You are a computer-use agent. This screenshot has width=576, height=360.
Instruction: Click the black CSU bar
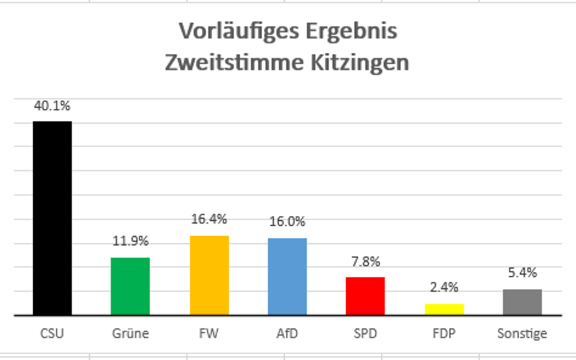click(52, 218)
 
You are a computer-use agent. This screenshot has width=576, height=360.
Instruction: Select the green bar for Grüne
click(130, 287)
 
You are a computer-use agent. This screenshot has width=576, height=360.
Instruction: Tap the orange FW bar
click(209, 276)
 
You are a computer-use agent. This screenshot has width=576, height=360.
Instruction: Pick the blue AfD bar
click(287, 276)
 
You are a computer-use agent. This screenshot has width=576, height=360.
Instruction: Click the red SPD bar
click(365, 296)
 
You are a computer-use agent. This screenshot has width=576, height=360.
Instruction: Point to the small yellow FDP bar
click(444, 310)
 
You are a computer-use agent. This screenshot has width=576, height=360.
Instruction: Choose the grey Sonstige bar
click(522, 302)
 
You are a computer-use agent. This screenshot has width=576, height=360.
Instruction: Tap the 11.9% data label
click(130, 241)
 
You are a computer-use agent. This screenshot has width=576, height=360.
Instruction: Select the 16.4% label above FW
click(209, 219)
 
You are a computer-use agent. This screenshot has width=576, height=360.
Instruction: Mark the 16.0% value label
click(288, 222)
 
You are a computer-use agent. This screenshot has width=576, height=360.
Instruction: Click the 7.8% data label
click(365, 262)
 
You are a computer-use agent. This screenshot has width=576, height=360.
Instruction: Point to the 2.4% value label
click(444, 288)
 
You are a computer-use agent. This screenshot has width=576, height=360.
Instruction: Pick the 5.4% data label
click(522, 273)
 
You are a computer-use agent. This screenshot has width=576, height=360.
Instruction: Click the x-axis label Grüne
click(130, 333)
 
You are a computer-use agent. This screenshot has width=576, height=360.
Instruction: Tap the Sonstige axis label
click(522, 333)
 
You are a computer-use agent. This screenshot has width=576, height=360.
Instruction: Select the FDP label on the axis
click(444, 333)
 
